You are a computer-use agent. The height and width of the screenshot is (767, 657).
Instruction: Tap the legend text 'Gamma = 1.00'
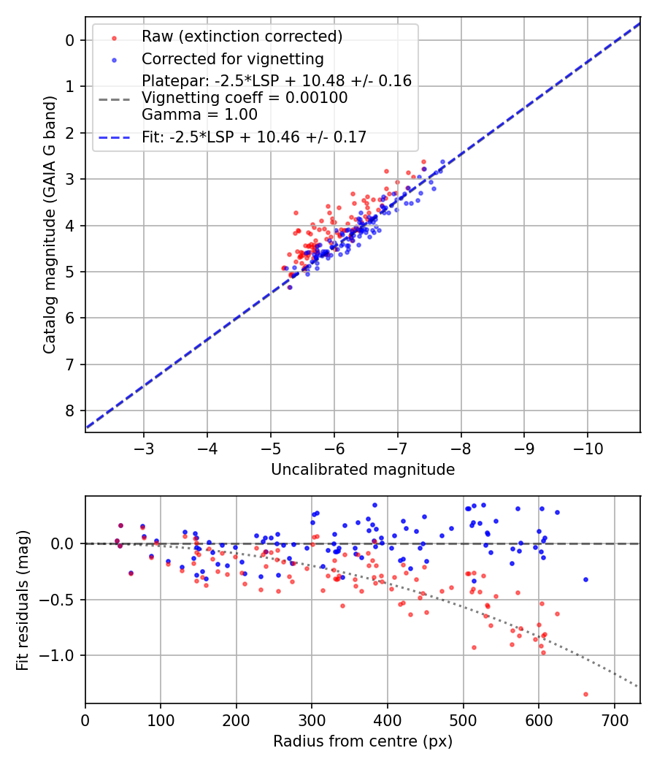coord(199,114)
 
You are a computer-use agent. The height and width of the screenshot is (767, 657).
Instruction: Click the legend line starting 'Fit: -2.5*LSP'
coord(254,136)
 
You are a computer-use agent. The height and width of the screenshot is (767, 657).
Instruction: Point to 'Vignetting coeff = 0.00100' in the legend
coord(245,97)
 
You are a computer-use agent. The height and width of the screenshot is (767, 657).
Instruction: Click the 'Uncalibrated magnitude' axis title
coord(363,470)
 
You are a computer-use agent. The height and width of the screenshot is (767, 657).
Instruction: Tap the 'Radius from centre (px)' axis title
coord(363,741)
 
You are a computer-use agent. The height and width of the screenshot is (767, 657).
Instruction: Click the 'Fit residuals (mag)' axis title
coord(23,600)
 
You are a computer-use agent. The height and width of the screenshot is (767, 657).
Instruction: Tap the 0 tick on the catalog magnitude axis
coord(70,40)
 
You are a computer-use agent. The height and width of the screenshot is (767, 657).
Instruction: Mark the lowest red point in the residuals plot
coord(585,694)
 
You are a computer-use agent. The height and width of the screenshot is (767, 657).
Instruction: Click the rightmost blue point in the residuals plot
coord(585,579)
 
